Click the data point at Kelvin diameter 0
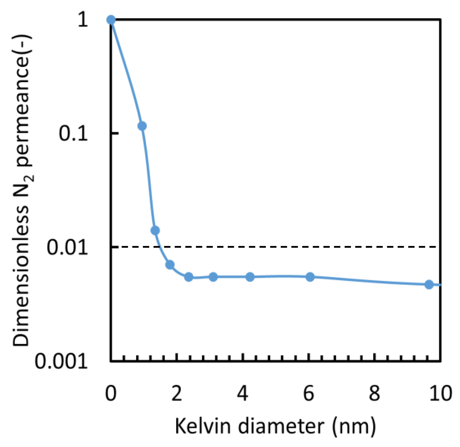(111, 20)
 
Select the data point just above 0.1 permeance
(142, 126)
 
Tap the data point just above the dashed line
(155, 230)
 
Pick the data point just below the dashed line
(170, 265)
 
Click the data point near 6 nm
(310, 277)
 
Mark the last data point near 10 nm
(429, 285)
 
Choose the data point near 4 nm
(250, 277)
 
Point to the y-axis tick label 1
(83, 20)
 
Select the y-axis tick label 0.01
(67, 247)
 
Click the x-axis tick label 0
(111, 393)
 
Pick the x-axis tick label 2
(177, 393)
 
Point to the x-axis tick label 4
(243, 393)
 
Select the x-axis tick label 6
(309, 393)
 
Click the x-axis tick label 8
(374, 393)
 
